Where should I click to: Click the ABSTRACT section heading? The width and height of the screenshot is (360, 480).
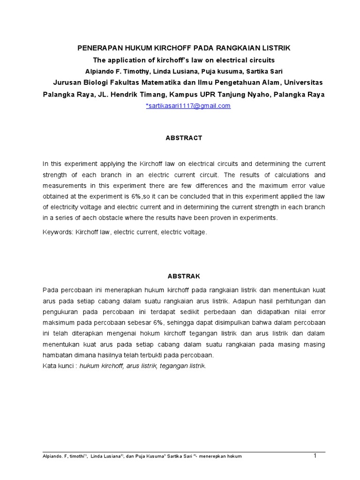click(183, 138)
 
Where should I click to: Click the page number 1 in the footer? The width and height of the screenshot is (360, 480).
click(315, 455)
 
